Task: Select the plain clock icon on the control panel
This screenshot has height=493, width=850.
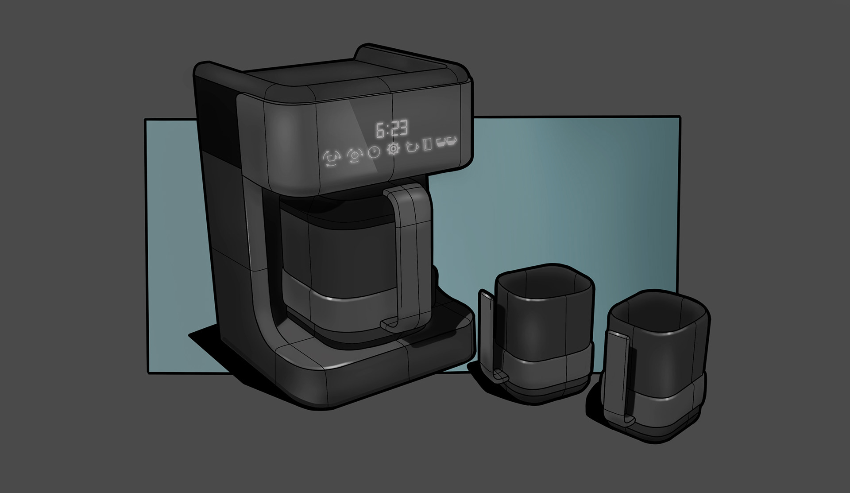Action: coord(375,152)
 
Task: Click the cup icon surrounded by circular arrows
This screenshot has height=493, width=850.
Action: coord(332,157)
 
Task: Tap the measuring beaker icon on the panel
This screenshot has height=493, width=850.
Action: coord(427,145)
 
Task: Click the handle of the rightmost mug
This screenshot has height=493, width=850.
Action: coord(620,377)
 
